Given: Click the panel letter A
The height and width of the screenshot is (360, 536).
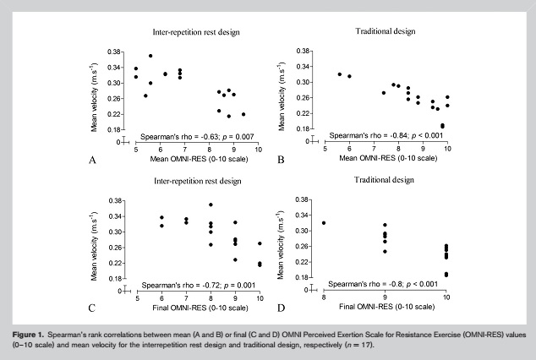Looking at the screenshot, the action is pyautogui.click(x=92, y=160).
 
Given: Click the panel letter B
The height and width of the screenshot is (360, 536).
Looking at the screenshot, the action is pyautogui.click(x=281, y=160).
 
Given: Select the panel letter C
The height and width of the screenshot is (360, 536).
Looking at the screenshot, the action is pyautogui.click(x=92, y=308).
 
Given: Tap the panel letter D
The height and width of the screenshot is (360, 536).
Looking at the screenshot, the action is pyautogui.click(x=281, y=308).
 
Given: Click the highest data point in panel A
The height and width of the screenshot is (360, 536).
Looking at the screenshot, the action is pyautogui.click(x=150, y=56).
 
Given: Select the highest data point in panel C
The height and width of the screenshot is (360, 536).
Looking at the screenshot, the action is pyautogui.click(x=211, y=205).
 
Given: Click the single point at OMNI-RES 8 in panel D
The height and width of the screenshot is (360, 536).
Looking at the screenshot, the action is pyautogui.click(x=324, y=223).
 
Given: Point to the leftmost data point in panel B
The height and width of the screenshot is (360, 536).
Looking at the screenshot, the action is pyautogui.click(x=340, y=74).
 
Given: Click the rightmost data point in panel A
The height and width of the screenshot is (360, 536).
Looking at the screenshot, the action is pyautogui.click(x=243, y=114).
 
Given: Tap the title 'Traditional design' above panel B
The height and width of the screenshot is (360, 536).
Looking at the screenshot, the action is pyautogui.click(x=386, y=31).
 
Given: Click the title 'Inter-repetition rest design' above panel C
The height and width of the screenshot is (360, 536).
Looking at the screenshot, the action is pyautogui.click(x=198, y=181).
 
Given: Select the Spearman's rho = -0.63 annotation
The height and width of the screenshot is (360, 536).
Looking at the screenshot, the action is pyautogui.click(x=197, y=137).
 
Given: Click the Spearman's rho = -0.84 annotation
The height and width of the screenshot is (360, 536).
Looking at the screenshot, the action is pyautogui.click(x=386, y=135).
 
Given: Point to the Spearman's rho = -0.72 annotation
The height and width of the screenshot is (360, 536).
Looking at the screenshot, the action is pyautogui.click(x=199, y=285).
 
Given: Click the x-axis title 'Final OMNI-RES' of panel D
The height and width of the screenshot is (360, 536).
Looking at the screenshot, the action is pyautogui.click(x=386, y=307).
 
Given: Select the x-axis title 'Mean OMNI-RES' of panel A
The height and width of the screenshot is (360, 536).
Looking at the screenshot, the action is pyautogui.click(x=199, y=159).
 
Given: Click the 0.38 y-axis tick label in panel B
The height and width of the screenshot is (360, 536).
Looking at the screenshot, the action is pyautogui.click(x=303, y=51).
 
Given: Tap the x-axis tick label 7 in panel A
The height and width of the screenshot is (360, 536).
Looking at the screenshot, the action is pyautogui.click(x=184, y=150).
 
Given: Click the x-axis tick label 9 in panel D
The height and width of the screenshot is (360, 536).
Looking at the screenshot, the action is pyautogui.click(x=385, y=297).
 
